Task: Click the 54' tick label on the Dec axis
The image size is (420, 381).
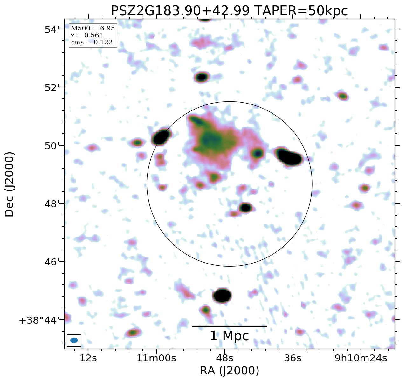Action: click(x=52, y=30)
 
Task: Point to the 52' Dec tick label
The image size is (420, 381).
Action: click(x=52, y=88)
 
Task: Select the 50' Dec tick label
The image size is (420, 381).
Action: click(x=52, y=146)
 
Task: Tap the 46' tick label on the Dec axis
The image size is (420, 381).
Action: click(x=52, y=262)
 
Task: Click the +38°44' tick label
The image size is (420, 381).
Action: click(x=39, y=320)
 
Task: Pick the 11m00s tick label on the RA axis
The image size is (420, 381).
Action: click(x=156, y=358)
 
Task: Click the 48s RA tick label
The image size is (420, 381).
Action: click(x=224, y=358)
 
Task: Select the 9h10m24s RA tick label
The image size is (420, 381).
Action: click(x=361, y=358)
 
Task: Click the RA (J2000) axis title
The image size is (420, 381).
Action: click(x=229, y=371)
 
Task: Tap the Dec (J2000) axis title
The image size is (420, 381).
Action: click(x=10, y=184)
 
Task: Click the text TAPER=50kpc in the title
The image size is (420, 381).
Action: click(x=301, y=11)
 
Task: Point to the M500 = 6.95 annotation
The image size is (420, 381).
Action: click(x=93, y=29)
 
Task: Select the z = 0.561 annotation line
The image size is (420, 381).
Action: click(x=87, y=36)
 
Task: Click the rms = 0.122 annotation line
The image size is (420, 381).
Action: click(x=92, y=43)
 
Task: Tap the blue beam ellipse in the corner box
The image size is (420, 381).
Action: click(x=74, y=340)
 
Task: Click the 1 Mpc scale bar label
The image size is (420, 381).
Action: click(x=229, y=336)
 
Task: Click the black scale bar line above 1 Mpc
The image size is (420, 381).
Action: click(x=229, y=326)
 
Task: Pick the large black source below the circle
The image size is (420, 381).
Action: click(x=222, y=295)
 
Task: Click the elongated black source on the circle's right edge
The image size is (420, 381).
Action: click(x=290, y=157)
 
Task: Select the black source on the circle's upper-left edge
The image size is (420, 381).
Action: click(x=161, y=137)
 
